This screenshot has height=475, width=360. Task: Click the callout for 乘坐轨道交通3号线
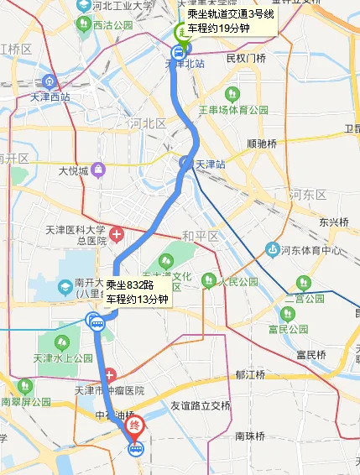coord(230,21)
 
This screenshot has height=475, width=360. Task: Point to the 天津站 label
coord(211,164)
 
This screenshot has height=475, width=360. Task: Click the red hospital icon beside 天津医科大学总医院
coord(118,232)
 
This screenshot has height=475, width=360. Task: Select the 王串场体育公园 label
coord(238,110)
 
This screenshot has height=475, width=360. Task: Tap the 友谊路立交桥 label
coord(201,405)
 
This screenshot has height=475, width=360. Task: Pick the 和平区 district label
coord(200,236)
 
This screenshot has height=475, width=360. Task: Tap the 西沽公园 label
coord(112,27)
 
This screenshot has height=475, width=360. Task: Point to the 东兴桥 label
coord(333,222)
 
